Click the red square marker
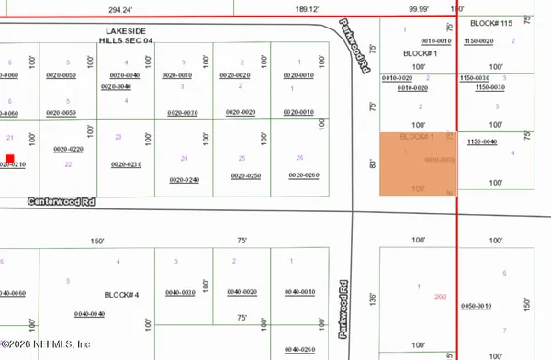pyautogui.click(x=10, y=159)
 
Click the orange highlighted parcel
pyautogui.click(x=418, y=163)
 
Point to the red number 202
pyautogui.click(x=439, y=298)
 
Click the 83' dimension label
pyautogui.click(x=372, y=165)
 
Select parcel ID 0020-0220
pyautogui.click(x=69, y=149)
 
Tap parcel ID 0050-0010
pyautogui.click(x=478, y=306)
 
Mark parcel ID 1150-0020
pyautogui.click(x=479, y=41)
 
